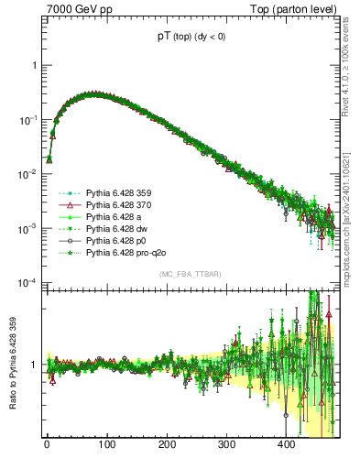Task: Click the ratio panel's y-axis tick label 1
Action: coord(35,365)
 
